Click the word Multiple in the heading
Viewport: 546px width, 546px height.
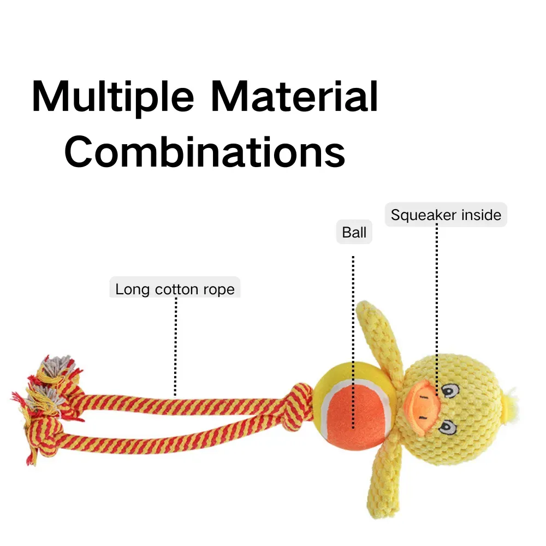tap(112, 97)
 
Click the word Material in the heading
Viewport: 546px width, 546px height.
tap(295, 97)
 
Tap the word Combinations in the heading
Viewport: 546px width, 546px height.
tap(205, 152)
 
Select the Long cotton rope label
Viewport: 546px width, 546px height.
tap(175, 288)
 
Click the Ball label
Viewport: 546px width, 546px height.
tap(354, 232)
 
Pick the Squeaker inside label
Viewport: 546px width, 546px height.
tap(446, 215)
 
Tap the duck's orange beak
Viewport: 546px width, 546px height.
tap(422, 407)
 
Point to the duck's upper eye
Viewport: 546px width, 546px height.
tap(449, 391)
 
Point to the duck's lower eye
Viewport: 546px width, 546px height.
tap(448, 427)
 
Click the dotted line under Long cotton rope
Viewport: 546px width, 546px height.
tap(175, 347)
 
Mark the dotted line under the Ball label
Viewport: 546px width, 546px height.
tap(353, 342)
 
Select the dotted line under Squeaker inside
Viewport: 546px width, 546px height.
tap(437, 310)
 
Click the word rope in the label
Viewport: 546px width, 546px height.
tap(219, 289)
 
